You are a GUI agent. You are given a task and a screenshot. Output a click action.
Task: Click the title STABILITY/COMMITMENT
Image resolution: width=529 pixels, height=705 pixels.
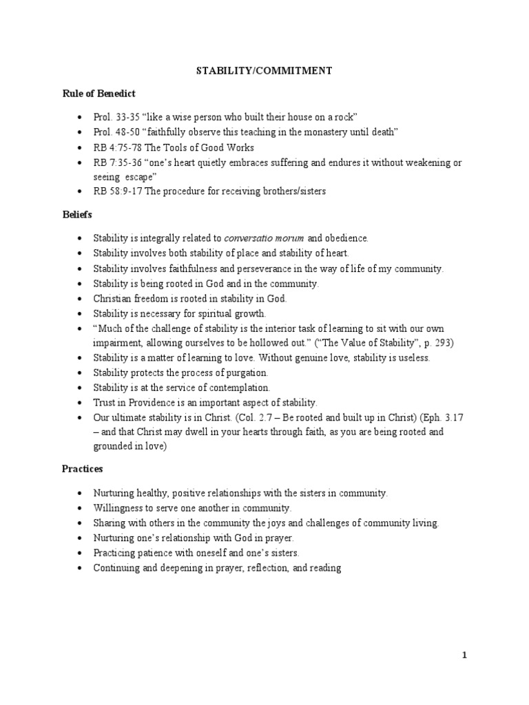(x=264, y=70)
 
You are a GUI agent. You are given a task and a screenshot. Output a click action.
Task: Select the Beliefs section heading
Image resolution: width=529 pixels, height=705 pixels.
(x=77, y=215)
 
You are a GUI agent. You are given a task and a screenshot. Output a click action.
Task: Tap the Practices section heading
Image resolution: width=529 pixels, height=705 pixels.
(x=82, y=468)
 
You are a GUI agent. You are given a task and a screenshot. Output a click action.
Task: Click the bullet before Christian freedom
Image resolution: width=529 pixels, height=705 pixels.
(x=81, y=299)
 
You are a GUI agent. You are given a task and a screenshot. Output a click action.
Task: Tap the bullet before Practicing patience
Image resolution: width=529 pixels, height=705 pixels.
(x=81, y=554)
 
